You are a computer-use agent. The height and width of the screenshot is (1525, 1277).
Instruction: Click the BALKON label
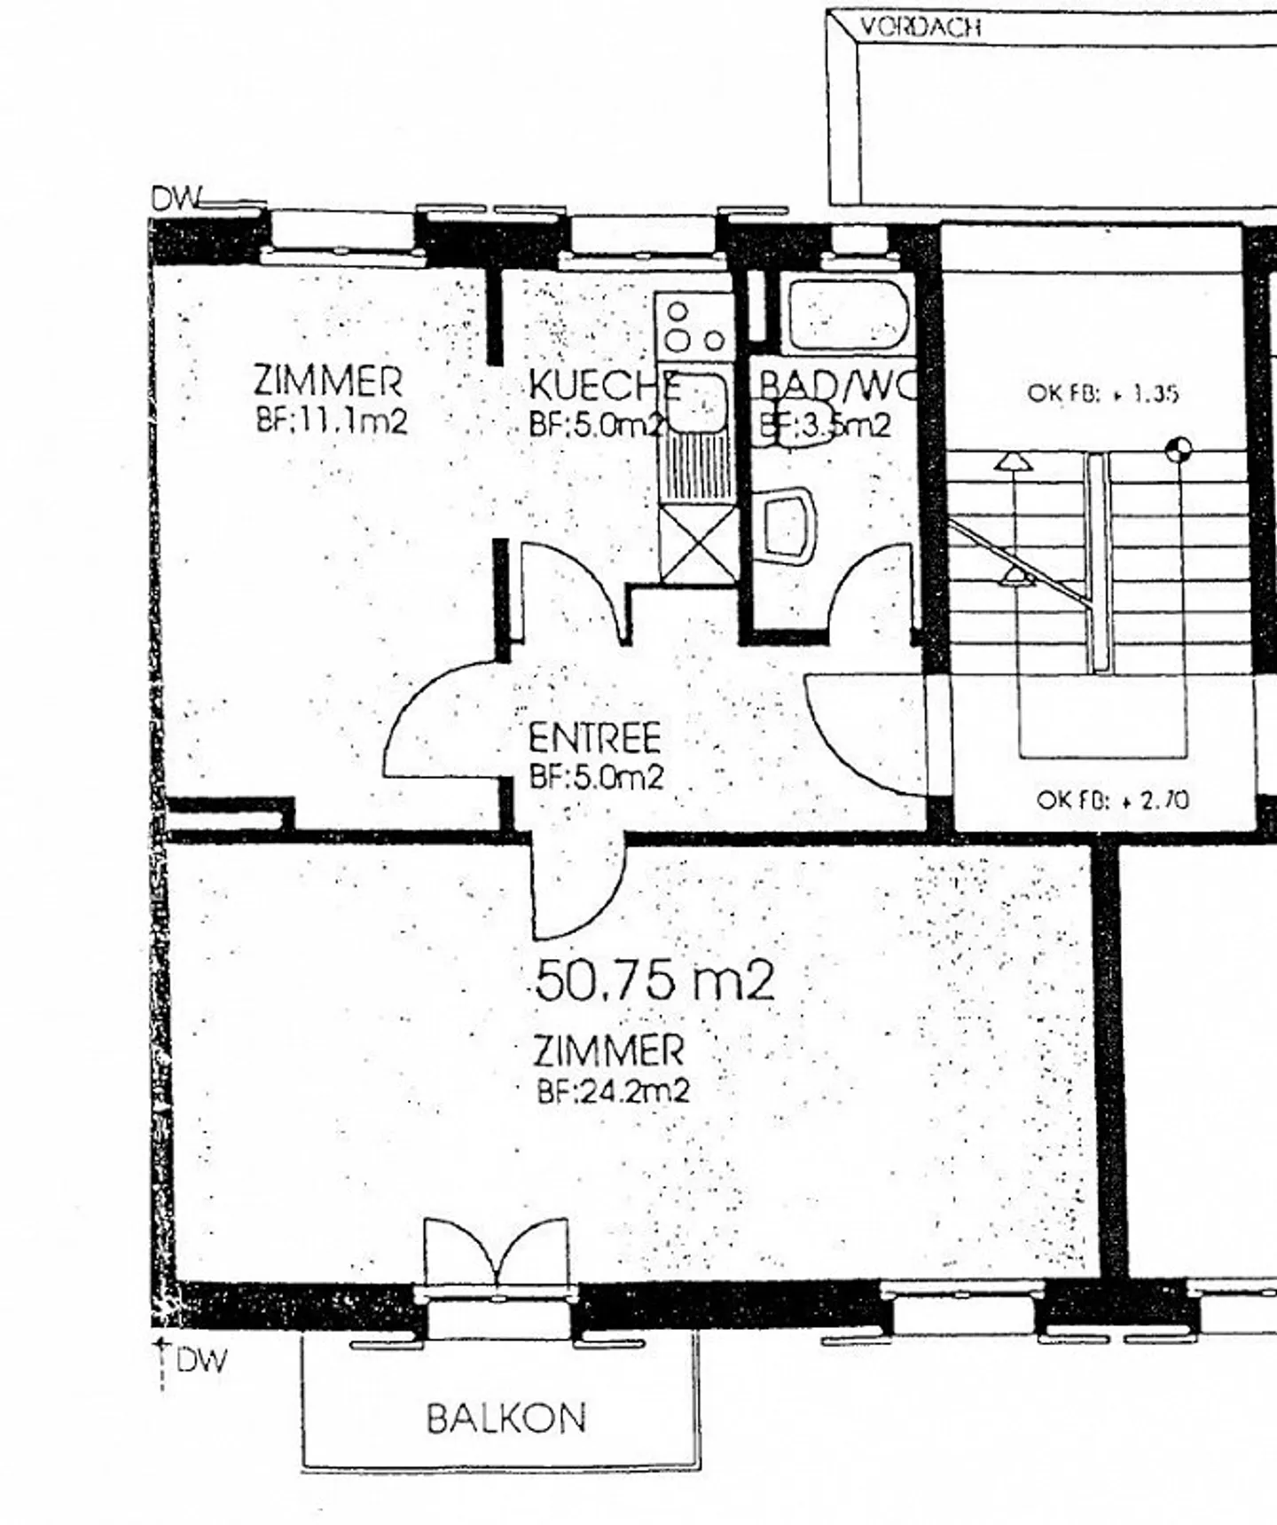(x=506, y=1418)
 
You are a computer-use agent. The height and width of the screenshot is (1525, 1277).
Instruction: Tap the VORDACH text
(x=921, y=27)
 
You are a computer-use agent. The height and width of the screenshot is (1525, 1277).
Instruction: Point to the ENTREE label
(x=595, y=738)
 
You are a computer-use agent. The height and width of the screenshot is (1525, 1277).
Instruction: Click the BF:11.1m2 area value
(x=332, y=420)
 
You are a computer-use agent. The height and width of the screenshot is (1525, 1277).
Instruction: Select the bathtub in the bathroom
(x=848, y=315)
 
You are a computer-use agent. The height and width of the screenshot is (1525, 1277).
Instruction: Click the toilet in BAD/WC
(x=787, y=525)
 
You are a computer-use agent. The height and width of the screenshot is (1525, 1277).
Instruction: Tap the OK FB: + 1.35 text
(x=1102, y=393)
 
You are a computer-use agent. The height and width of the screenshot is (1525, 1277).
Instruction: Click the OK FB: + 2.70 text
(x=1112, y=800)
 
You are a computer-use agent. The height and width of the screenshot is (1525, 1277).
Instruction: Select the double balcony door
(x=495, y=1252)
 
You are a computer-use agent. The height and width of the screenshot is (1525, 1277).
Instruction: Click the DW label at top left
(x=176, y=200)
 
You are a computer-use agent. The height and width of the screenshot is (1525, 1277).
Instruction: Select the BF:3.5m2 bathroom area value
(x=824, y=427)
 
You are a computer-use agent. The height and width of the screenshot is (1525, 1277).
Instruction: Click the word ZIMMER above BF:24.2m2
(x=608, y=1051)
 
